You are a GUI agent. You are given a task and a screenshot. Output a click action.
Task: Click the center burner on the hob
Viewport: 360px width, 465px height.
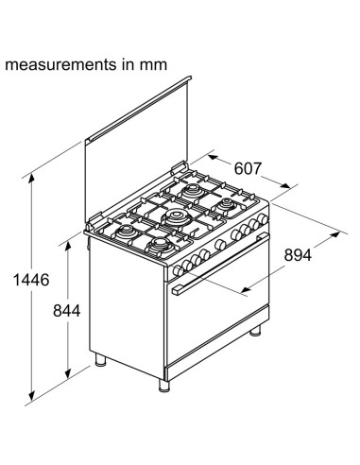pos(178,216)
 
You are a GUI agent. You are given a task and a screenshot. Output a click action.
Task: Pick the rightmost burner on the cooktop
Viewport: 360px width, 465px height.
pos(229,202)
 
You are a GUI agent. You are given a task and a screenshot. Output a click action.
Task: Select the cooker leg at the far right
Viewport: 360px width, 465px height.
pos(258,333)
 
